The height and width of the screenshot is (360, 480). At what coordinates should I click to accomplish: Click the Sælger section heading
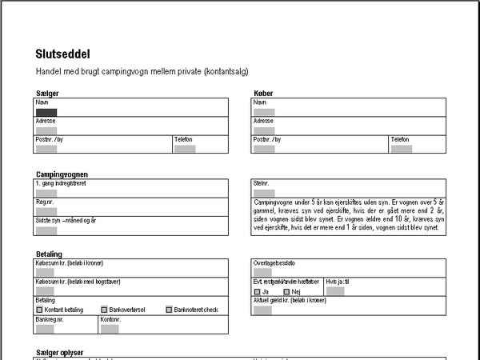47,94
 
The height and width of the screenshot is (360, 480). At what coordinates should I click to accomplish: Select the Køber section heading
263,94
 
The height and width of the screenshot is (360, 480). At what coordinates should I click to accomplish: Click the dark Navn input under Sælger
46,112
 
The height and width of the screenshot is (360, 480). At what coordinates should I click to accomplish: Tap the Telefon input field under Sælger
185,148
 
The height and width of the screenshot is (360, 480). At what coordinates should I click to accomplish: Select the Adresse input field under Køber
264,130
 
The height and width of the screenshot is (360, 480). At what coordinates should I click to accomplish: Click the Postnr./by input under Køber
264,148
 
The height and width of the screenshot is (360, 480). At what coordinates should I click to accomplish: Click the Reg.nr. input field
46,212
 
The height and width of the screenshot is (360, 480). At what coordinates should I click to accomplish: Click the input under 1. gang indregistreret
46,193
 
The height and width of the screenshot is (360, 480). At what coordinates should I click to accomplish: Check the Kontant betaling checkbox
39,310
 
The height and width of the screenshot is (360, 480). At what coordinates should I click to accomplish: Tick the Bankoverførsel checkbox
104,310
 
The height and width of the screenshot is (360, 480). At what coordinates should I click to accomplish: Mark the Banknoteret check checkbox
169,310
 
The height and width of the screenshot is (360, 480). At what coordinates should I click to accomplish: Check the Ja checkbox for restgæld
256,292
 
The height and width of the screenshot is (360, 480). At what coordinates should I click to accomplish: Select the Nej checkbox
286,292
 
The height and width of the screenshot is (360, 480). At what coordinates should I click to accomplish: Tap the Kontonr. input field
110,328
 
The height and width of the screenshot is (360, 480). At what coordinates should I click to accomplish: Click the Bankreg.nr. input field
46,328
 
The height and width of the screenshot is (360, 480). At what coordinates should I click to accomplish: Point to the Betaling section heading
50,254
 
